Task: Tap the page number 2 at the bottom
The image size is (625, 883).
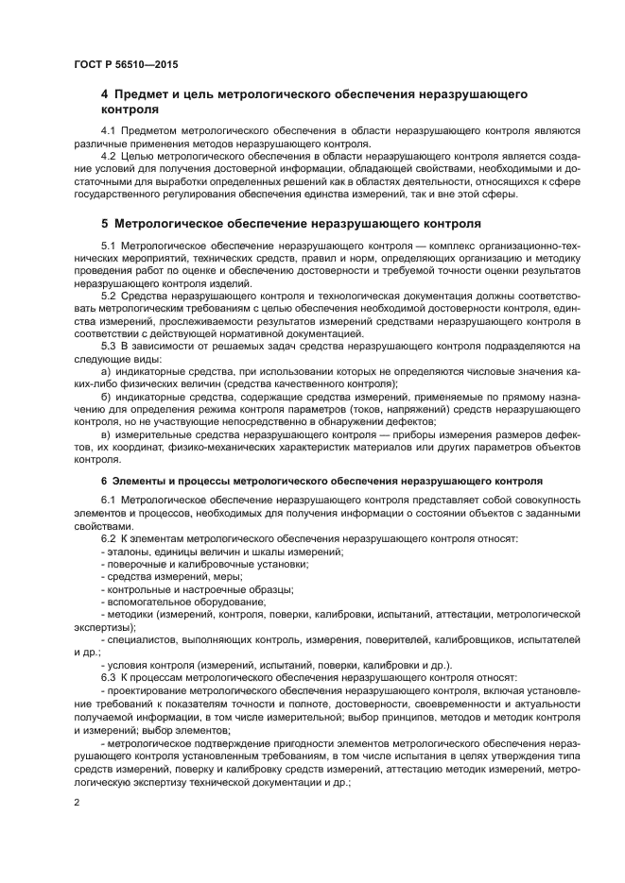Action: pos(78,803)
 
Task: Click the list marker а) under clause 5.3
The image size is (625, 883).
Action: pos(106,373)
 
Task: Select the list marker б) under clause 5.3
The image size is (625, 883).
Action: pos(106,399)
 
